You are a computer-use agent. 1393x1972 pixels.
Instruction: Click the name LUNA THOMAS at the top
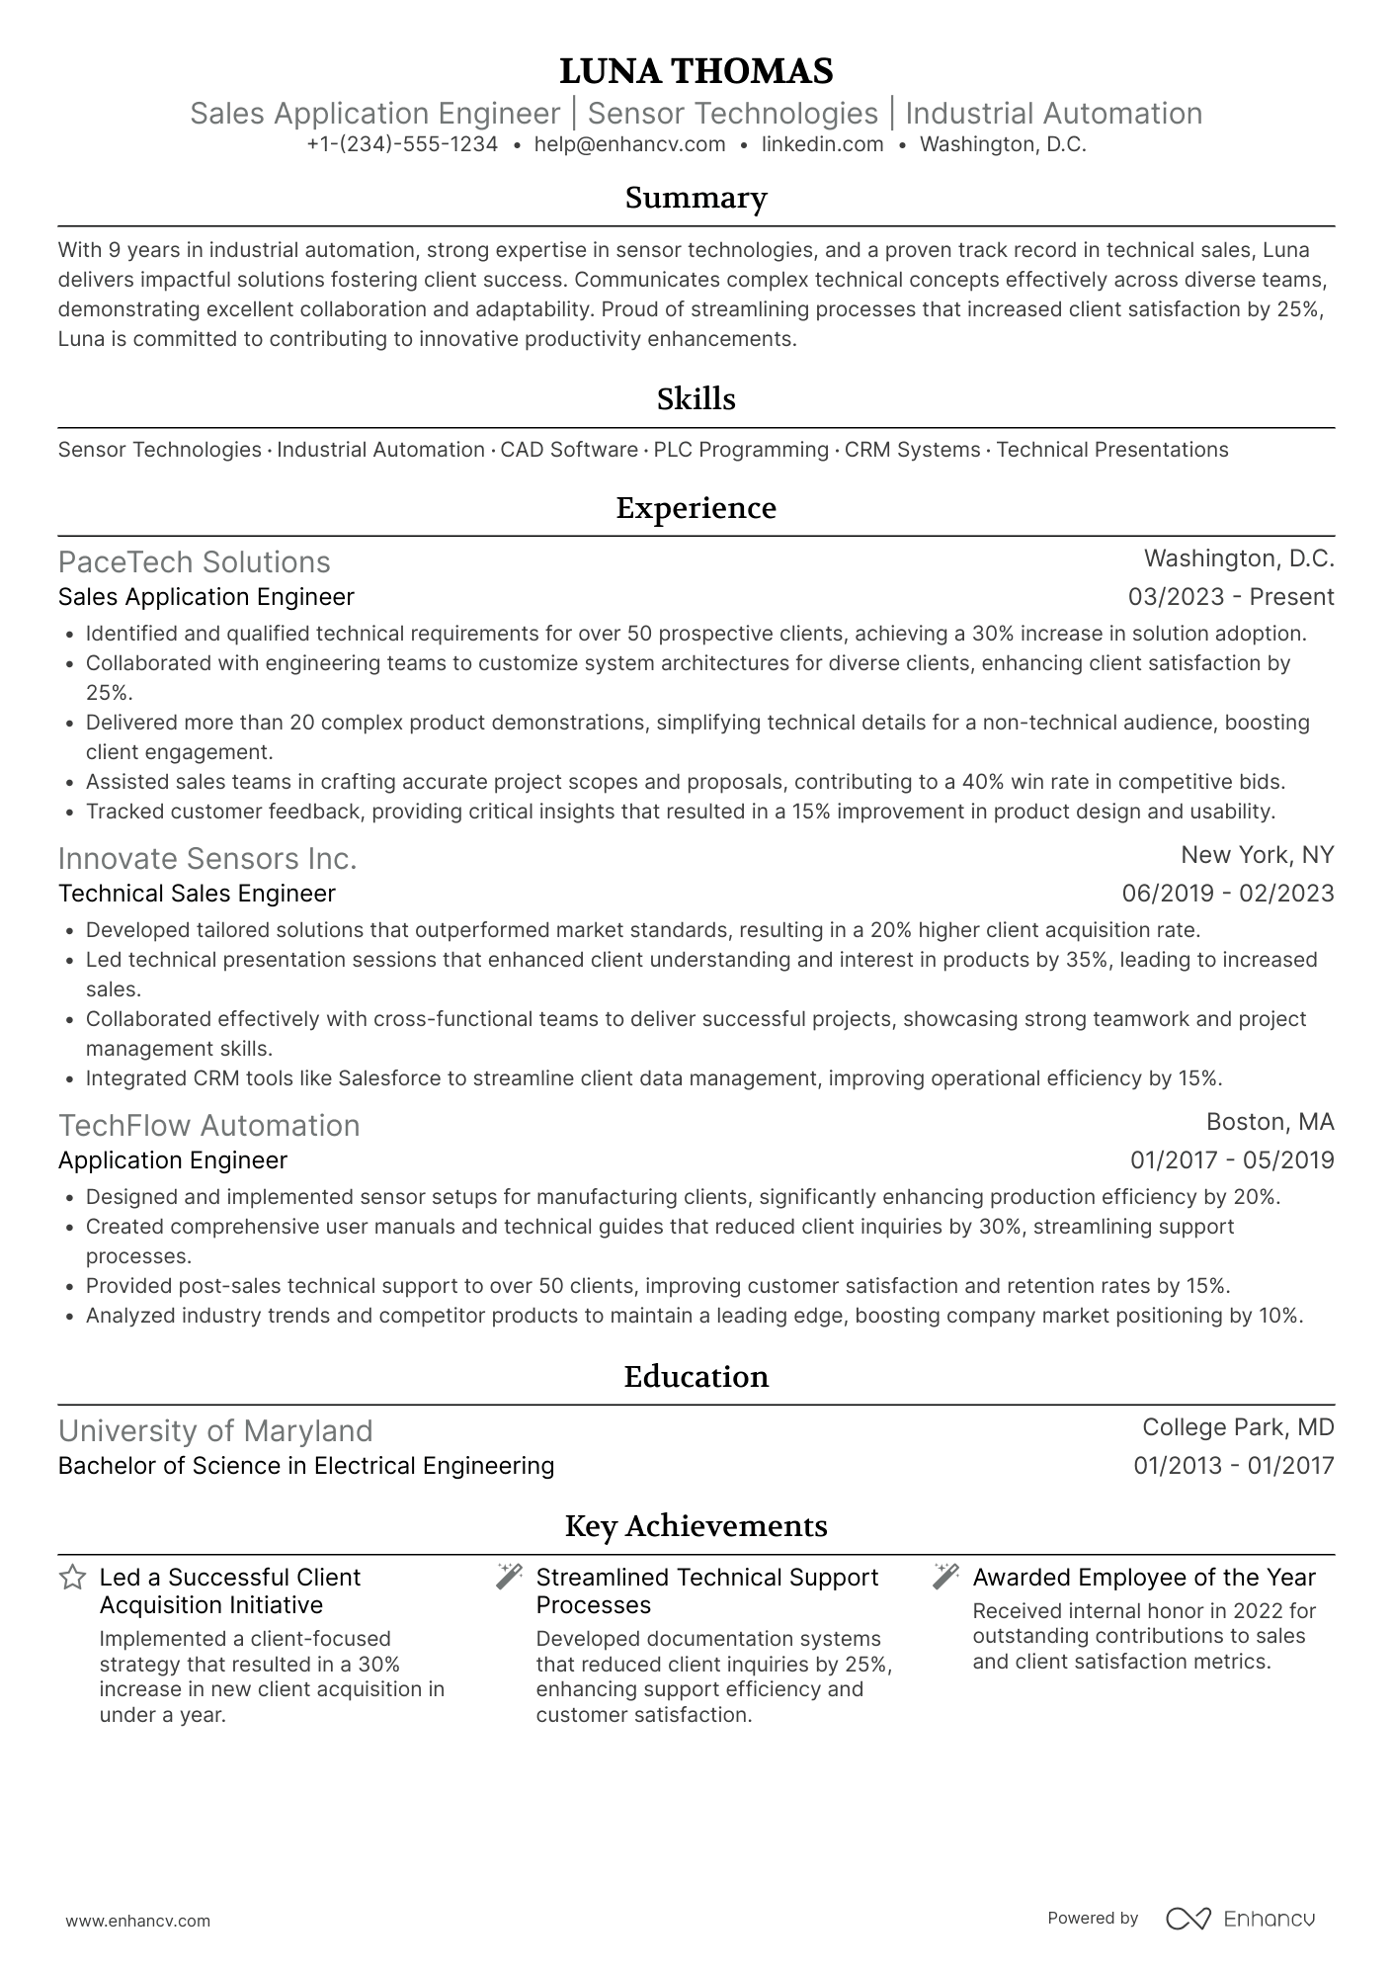point(696,71)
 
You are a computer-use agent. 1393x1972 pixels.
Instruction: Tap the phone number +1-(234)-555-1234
point(402,144)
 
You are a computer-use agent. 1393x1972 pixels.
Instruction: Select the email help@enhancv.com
point(629,144)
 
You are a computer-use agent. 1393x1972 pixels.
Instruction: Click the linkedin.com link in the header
point(822,144)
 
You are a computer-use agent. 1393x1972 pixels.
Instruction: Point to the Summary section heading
point(696,198)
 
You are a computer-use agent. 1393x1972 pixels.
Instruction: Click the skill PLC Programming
point(741,450)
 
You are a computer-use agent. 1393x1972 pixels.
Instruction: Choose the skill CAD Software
point(569,450)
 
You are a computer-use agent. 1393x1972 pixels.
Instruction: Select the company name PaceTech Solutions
point(195,561)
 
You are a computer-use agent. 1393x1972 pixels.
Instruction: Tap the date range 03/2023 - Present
point(1230,597)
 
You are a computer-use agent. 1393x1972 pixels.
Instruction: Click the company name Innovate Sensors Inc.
point(207,858)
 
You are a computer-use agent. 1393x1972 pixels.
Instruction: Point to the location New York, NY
point(1257,855)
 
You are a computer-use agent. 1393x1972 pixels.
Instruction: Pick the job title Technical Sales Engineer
point(197,894)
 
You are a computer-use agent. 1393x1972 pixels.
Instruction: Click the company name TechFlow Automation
point(208,1125)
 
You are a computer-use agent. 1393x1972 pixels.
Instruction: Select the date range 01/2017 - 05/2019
point(1231,1160)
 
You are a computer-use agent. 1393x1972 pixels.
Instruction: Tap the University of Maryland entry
point(215,1430)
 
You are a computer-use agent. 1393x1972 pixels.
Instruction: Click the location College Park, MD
point(1237,1427)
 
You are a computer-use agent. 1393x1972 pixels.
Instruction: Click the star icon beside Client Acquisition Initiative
point(72,1578)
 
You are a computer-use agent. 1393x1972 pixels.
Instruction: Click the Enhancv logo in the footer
point(1241,1919)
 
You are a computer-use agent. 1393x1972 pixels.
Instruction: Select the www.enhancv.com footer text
point(138,1922)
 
